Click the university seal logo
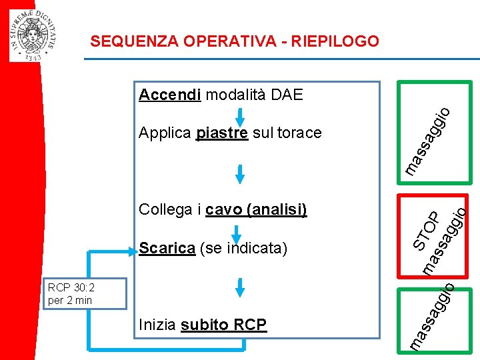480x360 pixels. [x=33, y=35]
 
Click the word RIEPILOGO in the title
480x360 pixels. [x=331, y=41]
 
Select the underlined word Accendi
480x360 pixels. [x=170, y=95]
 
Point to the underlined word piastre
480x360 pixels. [x=222, y=133]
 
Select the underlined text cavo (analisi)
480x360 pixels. [x=256, y=210]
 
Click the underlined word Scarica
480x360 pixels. [x=167, y=249]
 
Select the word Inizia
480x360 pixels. [x=157, y=325]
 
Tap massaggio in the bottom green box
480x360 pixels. [x=432, y=316]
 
